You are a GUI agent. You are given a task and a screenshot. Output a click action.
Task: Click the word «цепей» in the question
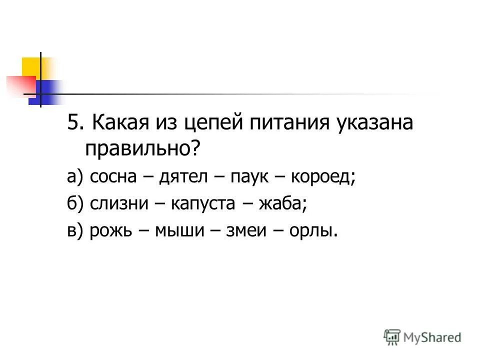point(212,123)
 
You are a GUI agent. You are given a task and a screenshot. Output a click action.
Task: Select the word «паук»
point(247,177)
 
